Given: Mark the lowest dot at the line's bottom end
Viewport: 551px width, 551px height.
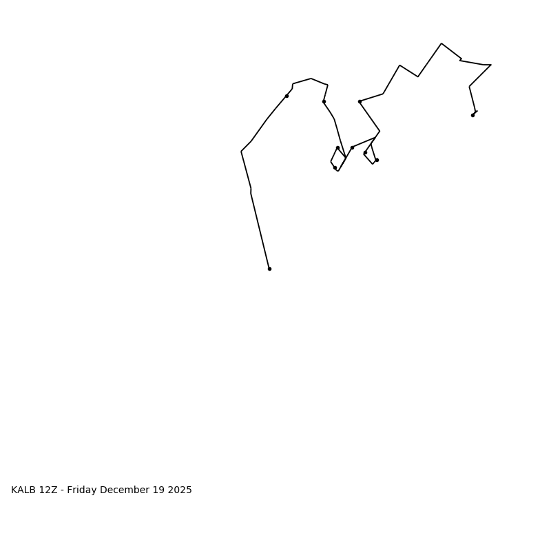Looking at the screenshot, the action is click(x=269, y=269).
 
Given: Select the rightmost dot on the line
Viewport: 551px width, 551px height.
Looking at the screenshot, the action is click(x=472, y=115).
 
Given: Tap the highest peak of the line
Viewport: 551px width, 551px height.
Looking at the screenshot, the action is click(x=441, y=43).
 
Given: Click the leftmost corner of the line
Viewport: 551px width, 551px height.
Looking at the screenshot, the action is click(x=241, y=152).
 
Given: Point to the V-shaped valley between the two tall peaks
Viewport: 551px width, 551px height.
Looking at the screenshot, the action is click(x=418, y=76).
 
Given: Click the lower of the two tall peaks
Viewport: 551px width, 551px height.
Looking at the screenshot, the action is click(x=399, y=65).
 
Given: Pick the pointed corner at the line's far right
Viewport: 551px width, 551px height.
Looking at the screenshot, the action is click(x=491, y=65).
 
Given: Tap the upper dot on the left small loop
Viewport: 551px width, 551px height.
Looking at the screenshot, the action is click(x=337, y=147).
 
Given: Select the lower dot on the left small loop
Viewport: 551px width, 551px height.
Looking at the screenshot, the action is click(x=335, y=167).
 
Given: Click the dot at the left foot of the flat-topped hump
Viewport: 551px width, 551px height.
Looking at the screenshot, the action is click(x=287, y=96).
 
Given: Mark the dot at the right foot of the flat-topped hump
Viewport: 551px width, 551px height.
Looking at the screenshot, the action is click(x=324, y=101).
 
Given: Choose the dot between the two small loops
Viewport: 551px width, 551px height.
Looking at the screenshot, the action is click(x=352, y=147).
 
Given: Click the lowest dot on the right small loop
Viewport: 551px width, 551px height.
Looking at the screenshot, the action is click(x=377, y=160).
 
